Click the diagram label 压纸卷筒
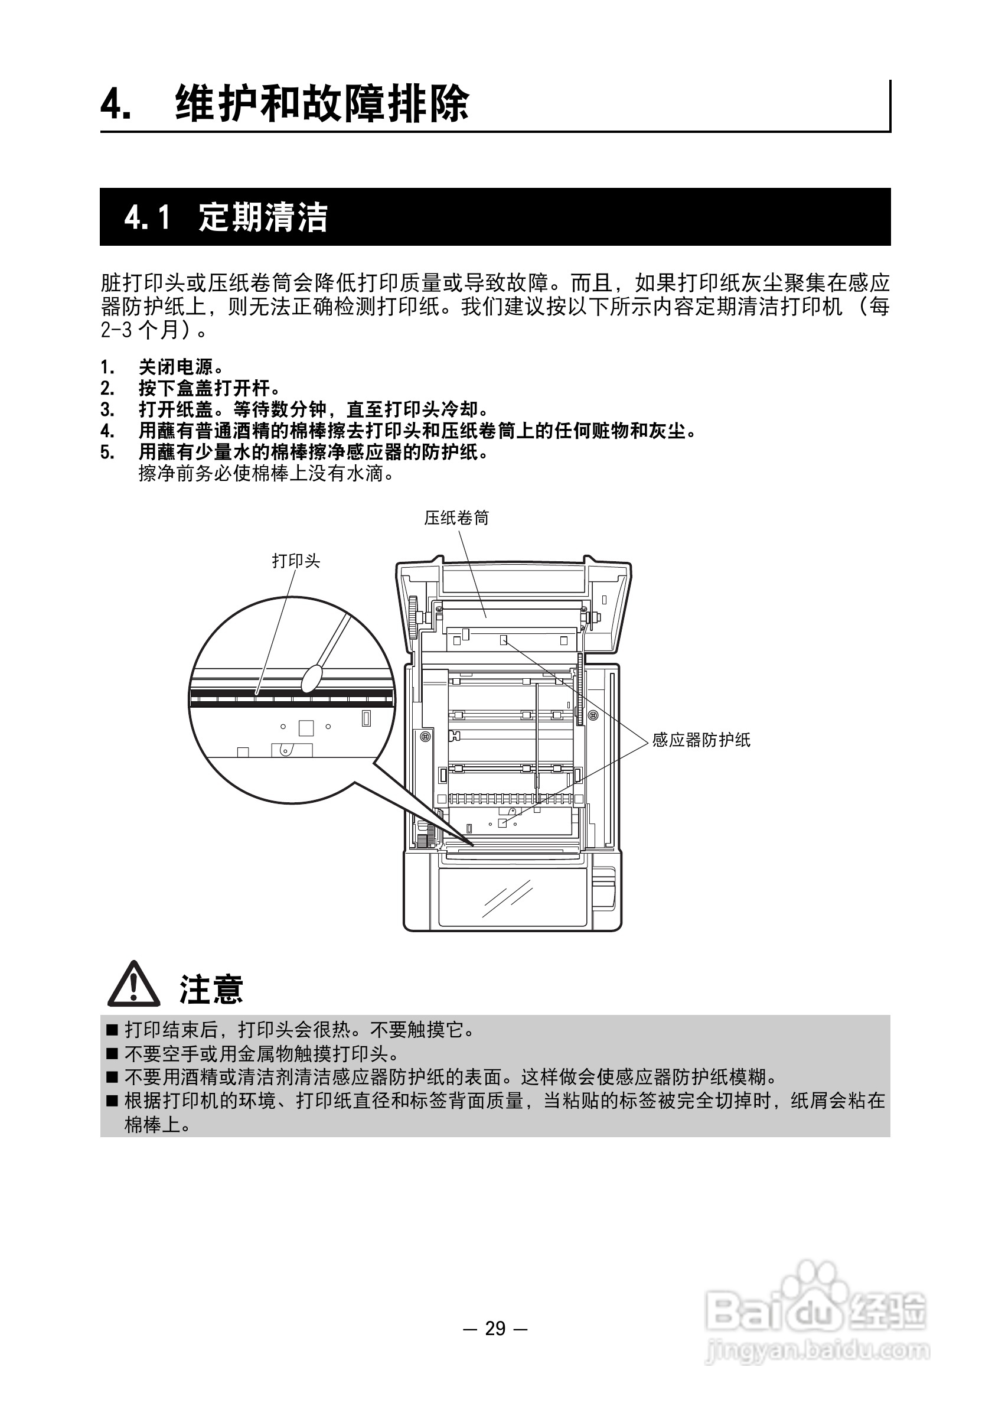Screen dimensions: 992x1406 point(456,518)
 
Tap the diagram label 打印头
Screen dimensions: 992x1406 point(296,561)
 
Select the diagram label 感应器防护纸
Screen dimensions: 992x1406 point(701,740)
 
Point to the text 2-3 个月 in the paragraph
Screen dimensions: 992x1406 point(145,330)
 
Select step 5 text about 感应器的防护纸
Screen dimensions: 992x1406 point(314,453)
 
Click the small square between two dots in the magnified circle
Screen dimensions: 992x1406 point(305,727)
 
